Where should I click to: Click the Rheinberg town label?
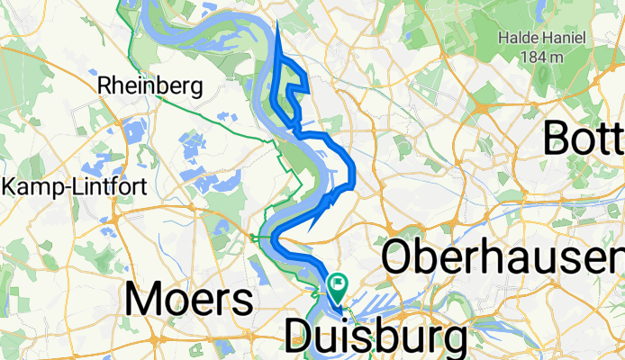pyautogui.click(x=149, y=85)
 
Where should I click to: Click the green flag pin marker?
pyautogui.click(x=338, y=287)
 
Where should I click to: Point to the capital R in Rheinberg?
pyautogui.click(x=104, y=85)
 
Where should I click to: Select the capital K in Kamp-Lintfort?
pyautogui.click(x=11, y=187)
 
